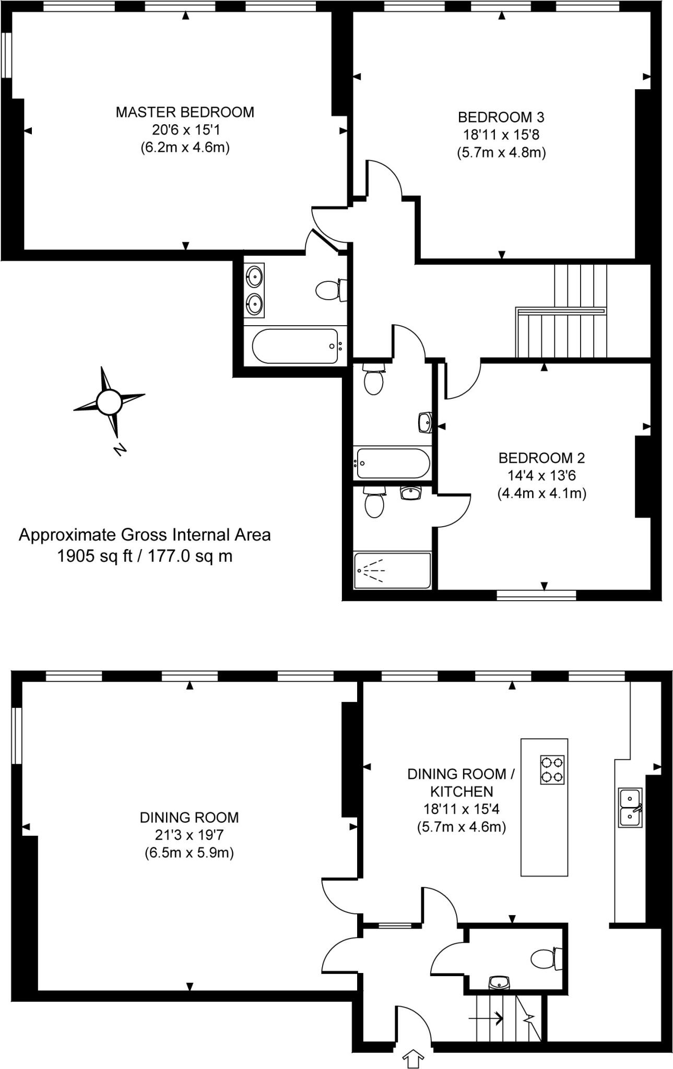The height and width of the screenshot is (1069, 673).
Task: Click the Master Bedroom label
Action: (185, 112)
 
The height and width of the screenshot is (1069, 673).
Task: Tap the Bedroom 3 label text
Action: (501, 117)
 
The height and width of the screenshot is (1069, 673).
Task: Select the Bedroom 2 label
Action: (541, 458)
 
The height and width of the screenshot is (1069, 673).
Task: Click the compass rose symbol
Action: (109, 402)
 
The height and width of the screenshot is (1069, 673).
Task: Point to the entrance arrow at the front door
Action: (414, 1059)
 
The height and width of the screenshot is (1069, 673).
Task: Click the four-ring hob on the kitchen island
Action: (552, 770)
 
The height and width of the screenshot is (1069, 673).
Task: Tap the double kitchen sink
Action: (630, 807)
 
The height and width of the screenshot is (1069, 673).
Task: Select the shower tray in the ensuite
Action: (392, 571)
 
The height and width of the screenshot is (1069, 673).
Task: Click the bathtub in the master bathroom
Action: (295, 346)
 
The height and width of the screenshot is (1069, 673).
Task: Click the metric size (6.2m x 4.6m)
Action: (185, 147)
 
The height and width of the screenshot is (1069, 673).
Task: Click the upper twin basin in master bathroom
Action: (254, 276)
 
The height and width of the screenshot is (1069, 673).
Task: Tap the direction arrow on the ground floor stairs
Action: (486, 1018)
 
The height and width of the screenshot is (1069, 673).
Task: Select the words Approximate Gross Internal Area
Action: (145, 536)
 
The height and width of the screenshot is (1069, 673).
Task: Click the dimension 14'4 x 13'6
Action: (541, 476)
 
